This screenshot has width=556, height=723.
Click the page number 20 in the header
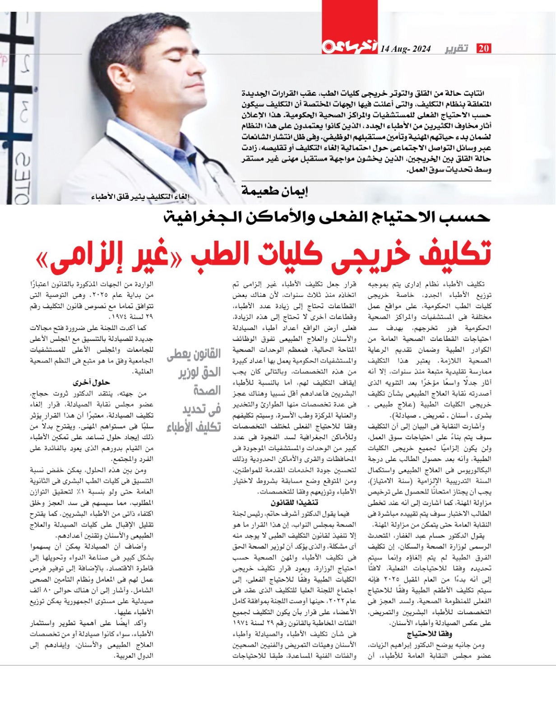click(484, 48)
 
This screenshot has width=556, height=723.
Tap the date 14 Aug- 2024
click(405, 49)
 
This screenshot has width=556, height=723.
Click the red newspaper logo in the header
click(349, 47)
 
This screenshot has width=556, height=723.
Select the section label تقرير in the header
click(457, 48)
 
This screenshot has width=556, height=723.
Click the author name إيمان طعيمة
click(274, 191)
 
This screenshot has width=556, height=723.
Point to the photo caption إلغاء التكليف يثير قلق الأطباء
click(140, 197)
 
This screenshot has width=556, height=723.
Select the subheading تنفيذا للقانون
click(294, 503)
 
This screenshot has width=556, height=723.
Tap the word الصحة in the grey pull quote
click(207, 390)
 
